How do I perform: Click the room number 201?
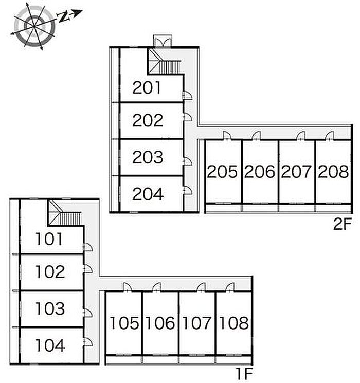(x=147, y=88)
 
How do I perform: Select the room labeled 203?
(x=148, y=157)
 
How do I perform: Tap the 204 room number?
(x=148, y=194)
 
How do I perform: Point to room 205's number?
(x=222, y=172)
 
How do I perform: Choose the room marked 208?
(x=333, y=172)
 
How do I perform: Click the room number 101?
(x=49, y=239)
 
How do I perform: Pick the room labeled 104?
(x=50, y=345)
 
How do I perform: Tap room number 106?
(x=160, y=323)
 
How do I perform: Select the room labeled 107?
(x=197, y=323)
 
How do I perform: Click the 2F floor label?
(x=343, y=224)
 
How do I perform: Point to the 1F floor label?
(x=244, y=373)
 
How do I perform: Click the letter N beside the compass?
(x=63, y=17)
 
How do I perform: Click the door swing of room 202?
(x=188, y=117)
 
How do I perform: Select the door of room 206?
(x=256, y=136)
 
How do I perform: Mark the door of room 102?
(x=88, y=269)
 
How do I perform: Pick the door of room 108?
(x=230, y=287)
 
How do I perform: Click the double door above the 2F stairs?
(x=163, y=41)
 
